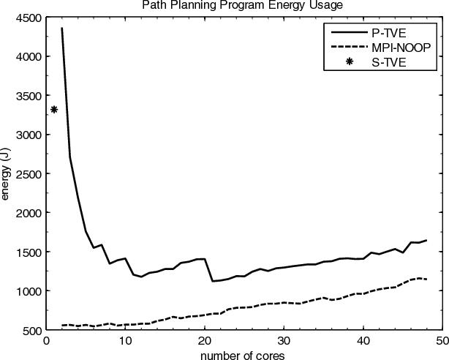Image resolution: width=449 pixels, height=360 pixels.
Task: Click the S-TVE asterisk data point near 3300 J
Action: [x=54, y=110]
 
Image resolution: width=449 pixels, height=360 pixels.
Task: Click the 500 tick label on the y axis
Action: [x=32, y=330]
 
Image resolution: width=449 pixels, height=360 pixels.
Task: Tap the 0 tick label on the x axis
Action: [x=46, y=340]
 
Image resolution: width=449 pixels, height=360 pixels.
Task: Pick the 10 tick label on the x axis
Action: [x=125, y=340]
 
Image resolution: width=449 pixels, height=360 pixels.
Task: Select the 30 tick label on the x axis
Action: [x=284, y=340]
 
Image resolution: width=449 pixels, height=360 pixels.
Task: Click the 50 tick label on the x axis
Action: [x=442, y=340]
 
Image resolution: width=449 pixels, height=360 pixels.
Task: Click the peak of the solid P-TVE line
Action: [x=61, y=28]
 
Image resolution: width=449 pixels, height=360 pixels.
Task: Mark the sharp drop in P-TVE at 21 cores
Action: [x=212, y=281]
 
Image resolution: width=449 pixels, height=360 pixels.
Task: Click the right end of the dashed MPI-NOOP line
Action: [x=426, y=280]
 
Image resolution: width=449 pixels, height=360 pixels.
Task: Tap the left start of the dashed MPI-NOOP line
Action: [x=61, y=325]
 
